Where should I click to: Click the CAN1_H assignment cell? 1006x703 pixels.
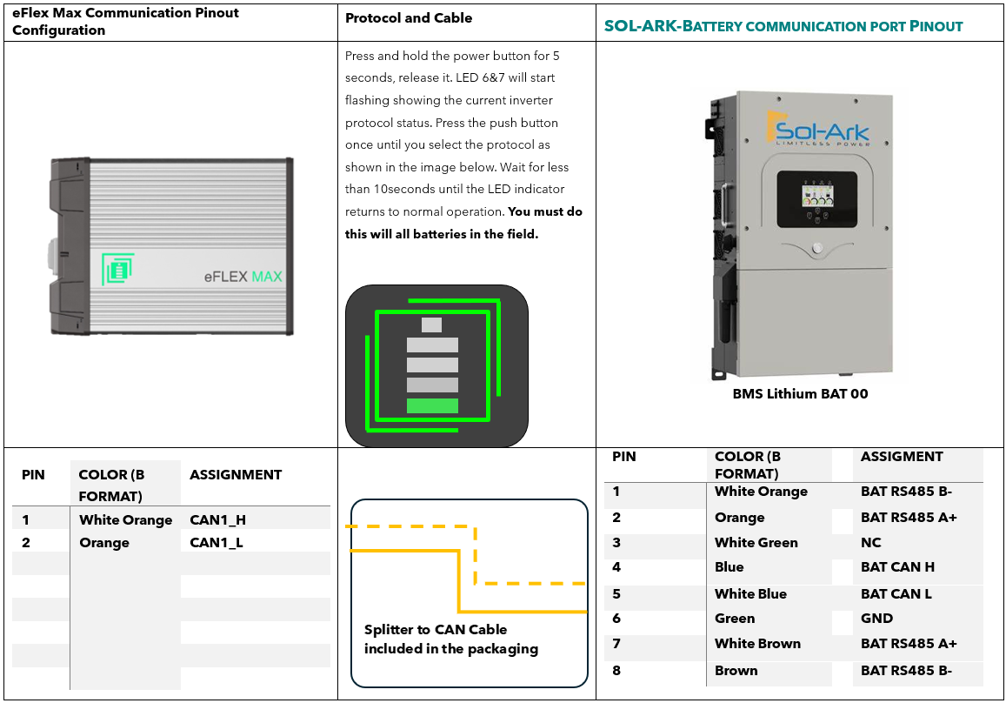click(217, 520)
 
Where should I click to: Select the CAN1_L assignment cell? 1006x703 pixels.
click(217, 543)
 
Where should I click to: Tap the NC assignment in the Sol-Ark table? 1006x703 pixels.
click(870, 543)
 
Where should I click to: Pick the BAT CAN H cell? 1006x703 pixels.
click(897, 567)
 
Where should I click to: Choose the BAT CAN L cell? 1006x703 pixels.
click(896, 594)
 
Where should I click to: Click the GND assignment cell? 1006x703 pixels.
click(876, 619)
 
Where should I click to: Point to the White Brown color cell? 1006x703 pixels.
click(757, 644)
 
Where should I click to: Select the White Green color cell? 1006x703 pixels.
click(756, 543)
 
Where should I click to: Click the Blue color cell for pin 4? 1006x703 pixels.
click(729, 567)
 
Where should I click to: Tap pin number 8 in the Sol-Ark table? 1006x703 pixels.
click(616, 671)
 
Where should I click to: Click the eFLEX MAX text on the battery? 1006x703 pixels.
click(243, 277)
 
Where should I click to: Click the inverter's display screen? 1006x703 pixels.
click(816, 199)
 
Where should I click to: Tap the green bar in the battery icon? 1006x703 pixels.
click(432, 405)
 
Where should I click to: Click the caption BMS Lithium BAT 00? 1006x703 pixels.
click(800, 393)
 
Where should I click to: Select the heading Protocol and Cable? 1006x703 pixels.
click(409, 18)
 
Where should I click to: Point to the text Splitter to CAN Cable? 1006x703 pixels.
click(436, 630)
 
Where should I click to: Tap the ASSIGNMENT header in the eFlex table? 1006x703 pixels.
click(236, 475)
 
